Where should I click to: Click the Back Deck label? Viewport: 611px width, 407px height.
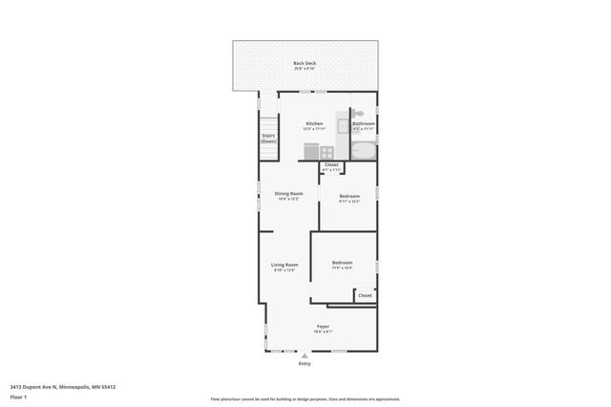[x=305, y=64]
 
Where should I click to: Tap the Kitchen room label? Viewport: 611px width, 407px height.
[x=314, y=124]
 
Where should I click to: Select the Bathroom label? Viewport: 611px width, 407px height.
[x=364, y=124]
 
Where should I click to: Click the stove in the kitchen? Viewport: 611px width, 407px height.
[x=327, y=151]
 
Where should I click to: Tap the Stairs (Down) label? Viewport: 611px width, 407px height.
[x=269, y=138]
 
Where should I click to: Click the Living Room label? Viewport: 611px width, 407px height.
[x=284, y=265]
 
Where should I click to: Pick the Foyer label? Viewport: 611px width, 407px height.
[x=324, y=327]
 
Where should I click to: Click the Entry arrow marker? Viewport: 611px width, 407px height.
[x=305, y=355]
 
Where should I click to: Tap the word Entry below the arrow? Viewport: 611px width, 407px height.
[x=305, y=364]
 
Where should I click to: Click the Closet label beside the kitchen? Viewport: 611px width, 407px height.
[x=331, y=165]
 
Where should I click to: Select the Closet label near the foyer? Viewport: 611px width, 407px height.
[x=365, y=295]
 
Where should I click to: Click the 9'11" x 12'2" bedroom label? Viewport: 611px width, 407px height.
[x=349, y=197]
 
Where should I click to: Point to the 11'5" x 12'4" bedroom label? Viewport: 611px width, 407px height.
[x=342, y=263]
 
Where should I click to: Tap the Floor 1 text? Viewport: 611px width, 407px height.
[x=18, y=396]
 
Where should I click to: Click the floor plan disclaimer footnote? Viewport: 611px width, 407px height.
[x=305, y=399]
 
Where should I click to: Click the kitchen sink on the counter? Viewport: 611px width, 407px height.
[x=344, y=125]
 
